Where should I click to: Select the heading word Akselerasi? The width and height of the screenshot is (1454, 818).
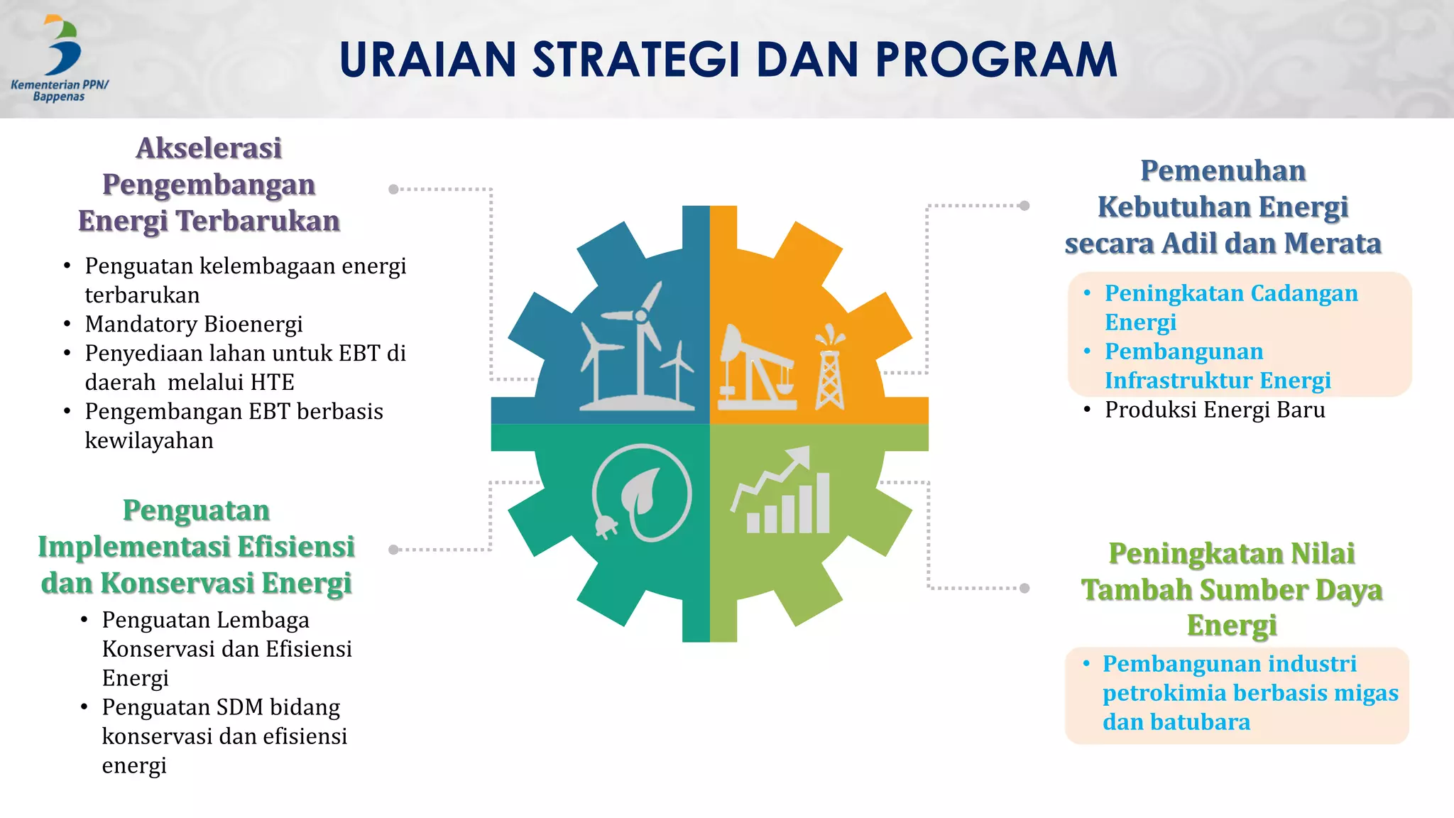tap(209, 148)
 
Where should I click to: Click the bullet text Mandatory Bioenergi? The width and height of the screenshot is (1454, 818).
tap(193, 324)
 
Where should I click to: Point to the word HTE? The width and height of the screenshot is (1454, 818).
tap(272, 382)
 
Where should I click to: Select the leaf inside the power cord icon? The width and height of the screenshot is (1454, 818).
tap(642, 491)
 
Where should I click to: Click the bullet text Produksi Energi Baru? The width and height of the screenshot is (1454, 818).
tap(1214, 410)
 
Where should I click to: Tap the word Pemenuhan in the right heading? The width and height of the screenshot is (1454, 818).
tap(1223, 171)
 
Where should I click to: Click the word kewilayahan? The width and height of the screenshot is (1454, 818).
tap(149, 440)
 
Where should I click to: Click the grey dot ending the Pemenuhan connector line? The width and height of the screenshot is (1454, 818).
tap(1024, 206)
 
